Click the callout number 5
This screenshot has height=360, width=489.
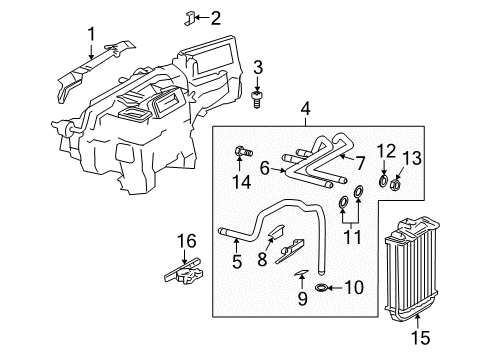coord(237,264)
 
